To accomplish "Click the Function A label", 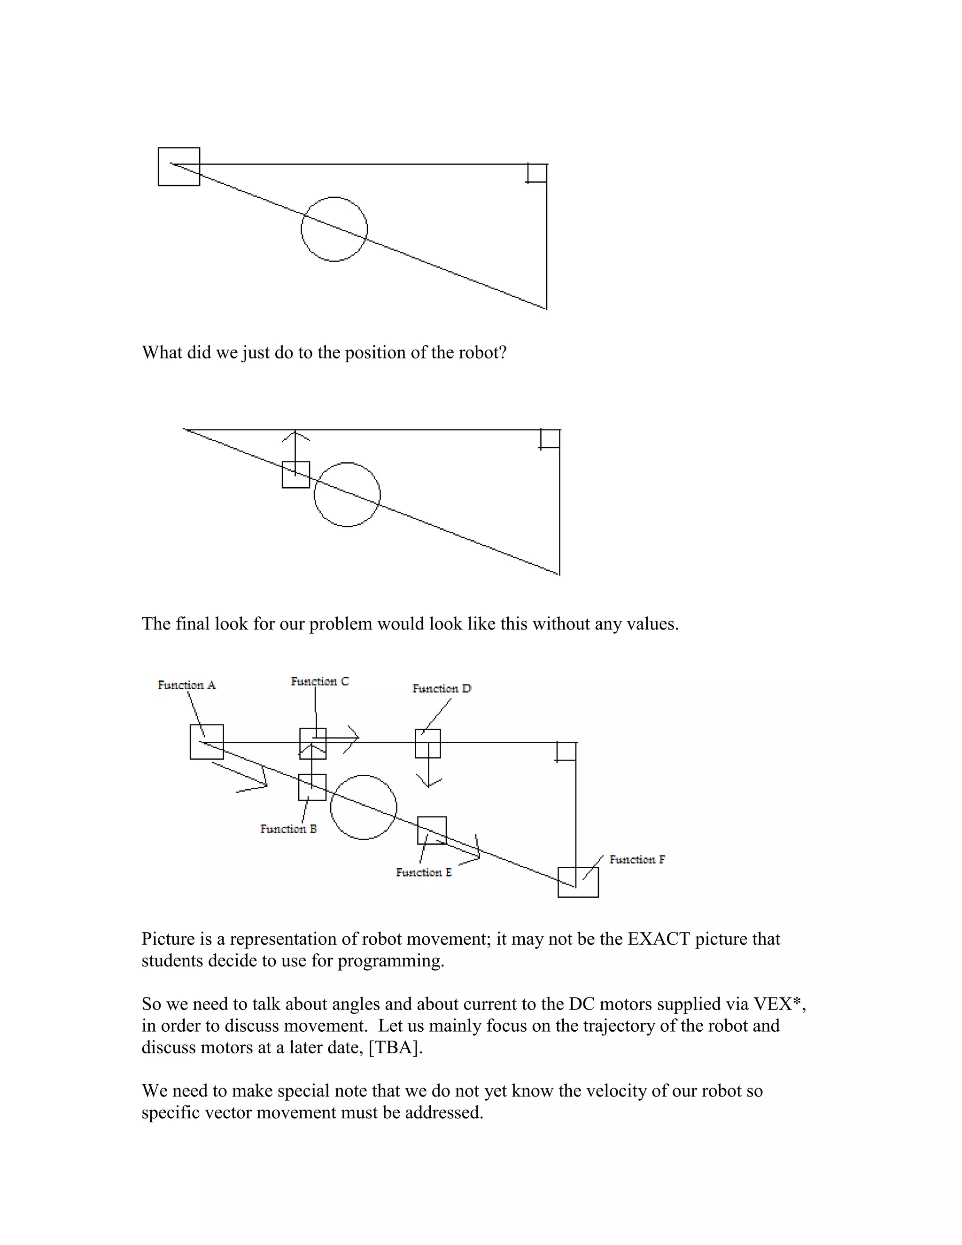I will click(186, 685).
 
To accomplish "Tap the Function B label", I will click(288, 829).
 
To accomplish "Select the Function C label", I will click(320, 682).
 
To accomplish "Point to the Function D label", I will click(442, 689).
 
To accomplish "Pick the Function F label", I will click(636, 860).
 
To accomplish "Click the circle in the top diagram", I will click(334, 229).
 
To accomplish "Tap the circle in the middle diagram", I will click(347, 494).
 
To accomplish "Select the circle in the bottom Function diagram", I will click(364, 807).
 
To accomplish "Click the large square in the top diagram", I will click(179, 166).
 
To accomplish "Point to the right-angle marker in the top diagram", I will click(537, 173).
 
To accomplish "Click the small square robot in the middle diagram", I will click(296, 475).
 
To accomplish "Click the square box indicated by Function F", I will click(578, 882).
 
